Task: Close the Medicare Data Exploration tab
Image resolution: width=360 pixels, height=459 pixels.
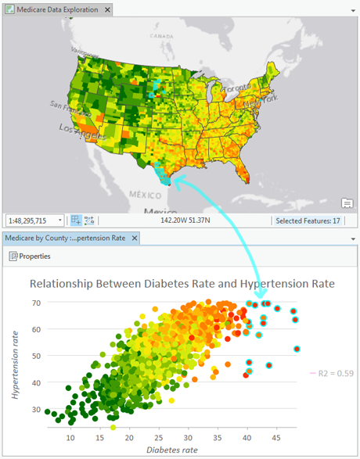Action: pyautogui.click(x=109, y=10)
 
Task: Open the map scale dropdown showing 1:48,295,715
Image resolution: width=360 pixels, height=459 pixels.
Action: pyautogui.click(x=60, y=221)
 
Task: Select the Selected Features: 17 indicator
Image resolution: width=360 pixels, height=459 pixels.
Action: pyautogui.click(x=308, y=221)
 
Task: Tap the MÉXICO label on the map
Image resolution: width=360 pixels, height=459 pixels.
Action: pyautogui.click(x=144, y=193)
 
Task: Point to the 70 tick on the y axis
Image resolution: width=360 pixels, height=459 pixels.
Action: pyautogui.click(x=35, y=303)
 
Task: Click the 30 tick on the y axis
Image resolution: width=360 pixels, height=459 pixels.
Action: pyautogui.click(x=35, y=409)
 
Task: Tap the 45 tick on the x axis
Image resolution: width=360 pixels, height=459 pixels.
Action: pyautogui.click(x=275, y=438)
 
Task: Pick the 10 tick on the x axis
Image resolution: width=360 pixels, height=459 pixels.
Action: pyautogui.click(x=70, y=438)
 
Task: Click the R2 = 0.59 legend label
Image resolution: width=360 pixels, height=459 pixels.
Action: pyautogui.click(x=337, y=373)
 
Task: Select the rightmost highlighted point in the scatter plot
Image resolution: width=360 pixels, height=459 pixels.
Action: pyautogui.click(x=297, y=349)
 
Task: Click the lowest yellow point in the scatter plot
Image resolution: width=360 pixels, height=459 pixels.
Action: pyautogui.click(x=113, y=427)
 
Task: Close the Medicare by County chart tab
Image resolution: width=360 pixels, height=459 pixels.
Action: pyautogui.click(x=135, y=238)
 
